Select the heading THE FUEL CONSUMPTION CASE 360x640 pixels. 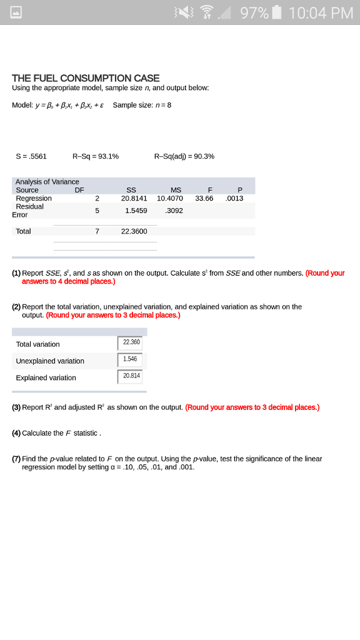[x=86, y=78]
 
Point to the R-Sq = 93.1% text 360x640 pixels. [x=96, y=156]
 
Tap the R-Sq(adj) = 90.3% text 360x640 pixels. [x=184, y=156]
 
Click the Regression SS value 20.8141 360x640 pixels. [x=134, y=198]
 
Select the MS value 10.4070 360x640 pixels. [x=170, y=198]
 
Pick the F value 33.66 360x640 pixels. [x=204, y=198]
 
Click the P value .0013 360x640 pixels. [x=235, y=198]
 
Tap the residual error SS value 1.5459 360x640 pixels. [x=136, y=211]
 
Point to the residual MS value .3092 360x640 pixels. [x=173, y=211]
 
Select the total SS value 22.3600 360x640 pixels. [x=134, y=231]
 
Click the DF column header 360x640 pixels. [x=79, y=190]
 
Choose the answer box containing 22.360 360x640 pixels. [x=130, y=343]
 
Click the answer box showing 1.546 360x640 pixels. [x=130, y=360]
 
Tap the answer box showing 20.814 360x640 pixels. [x=130, y=376]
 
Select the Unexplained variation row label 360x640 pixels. [x=50, y=361]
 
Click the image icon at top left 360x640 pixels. [x=12, y=12]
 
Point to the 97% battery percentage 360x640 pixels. [x=254, y=12]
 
